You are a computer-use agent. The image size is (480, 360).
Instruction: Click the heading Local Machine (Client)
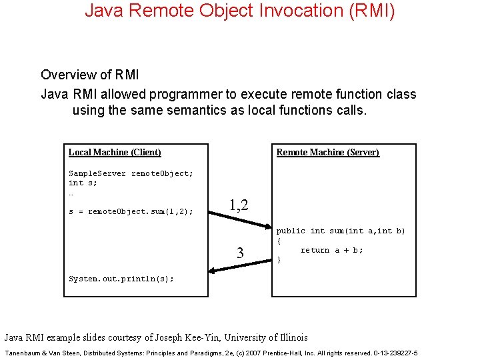pyautogui.click(x=115, y=152)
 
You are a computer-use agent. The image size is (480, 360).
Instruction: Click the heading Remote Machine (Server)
pyautogui.click(x=327, y=152)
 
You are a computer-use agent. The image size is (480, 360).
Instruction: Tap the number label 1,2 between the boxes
pyautogui.click(x=239, y=205)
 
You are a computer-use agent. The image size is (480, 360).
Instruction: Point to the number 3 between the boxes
pyautogui.click(x=241, y=253)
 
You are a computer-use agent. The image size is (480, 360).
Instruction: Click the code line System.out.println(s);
pyautogui.click(x=121, y=279)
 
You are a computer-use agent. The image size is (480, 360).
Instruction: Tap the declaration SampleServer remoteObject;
pyautogui.click(x=131, y=173)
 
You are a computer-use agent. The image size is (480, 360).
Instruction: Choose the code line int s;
pyautogui.click(x=83, y=183)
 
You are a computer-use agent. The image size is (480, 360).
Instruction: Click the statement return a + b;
pyautogui.click(x=331, y=250)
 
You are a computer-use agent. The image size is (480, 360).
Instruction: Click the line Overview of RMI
pyautogui.click(x=90, y=74)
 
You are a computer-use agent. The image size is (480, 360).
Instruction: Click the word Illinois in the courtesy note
pyautogui.click(x=288, y=337)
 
